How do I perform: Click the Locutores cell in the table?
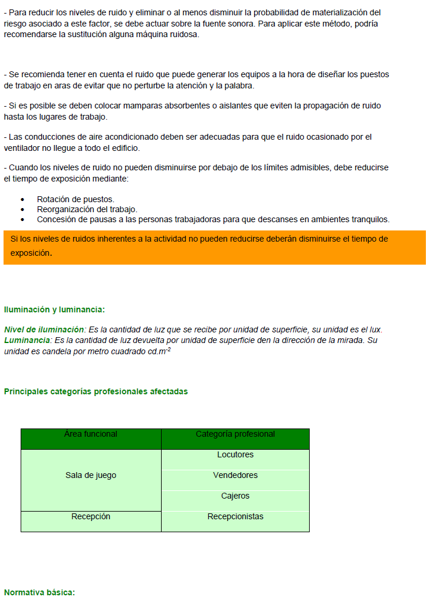click(x=235, y=455)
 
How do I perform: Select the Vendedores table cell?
click(x=235, y=476)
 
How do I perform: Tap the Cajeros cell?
click(x=235, y=496)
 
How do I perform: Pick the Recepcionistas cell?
click(x=235, y=517)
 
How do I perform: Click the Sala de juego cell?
click(x=91, y=476)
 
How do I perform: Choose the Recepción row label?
click(x=91, y=517)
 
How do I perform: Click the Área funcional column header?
click(x=91, y=434)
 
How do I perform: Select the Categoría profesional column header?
click(x=235, y=434)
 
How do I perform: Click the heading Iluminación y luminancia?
click(x=54, y=309)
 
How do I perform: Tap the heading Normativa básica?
click(x=40, y=592)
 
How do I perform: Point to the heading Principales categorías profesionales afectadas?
click(x=96, y=391)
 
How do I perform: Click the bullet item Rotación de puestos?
click(x=76, y=200)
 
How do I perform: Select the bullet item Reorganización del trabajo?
click(x=87, y=209)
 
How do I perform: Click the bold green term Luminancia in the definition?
click(x=27, y=341)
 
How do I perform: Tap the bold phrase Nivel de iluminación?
click(x=45, y=329)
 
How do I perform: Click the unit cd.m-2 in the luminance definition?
click(x=159, y=351)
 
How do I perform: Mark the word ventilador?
click(x=23, y=148)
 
